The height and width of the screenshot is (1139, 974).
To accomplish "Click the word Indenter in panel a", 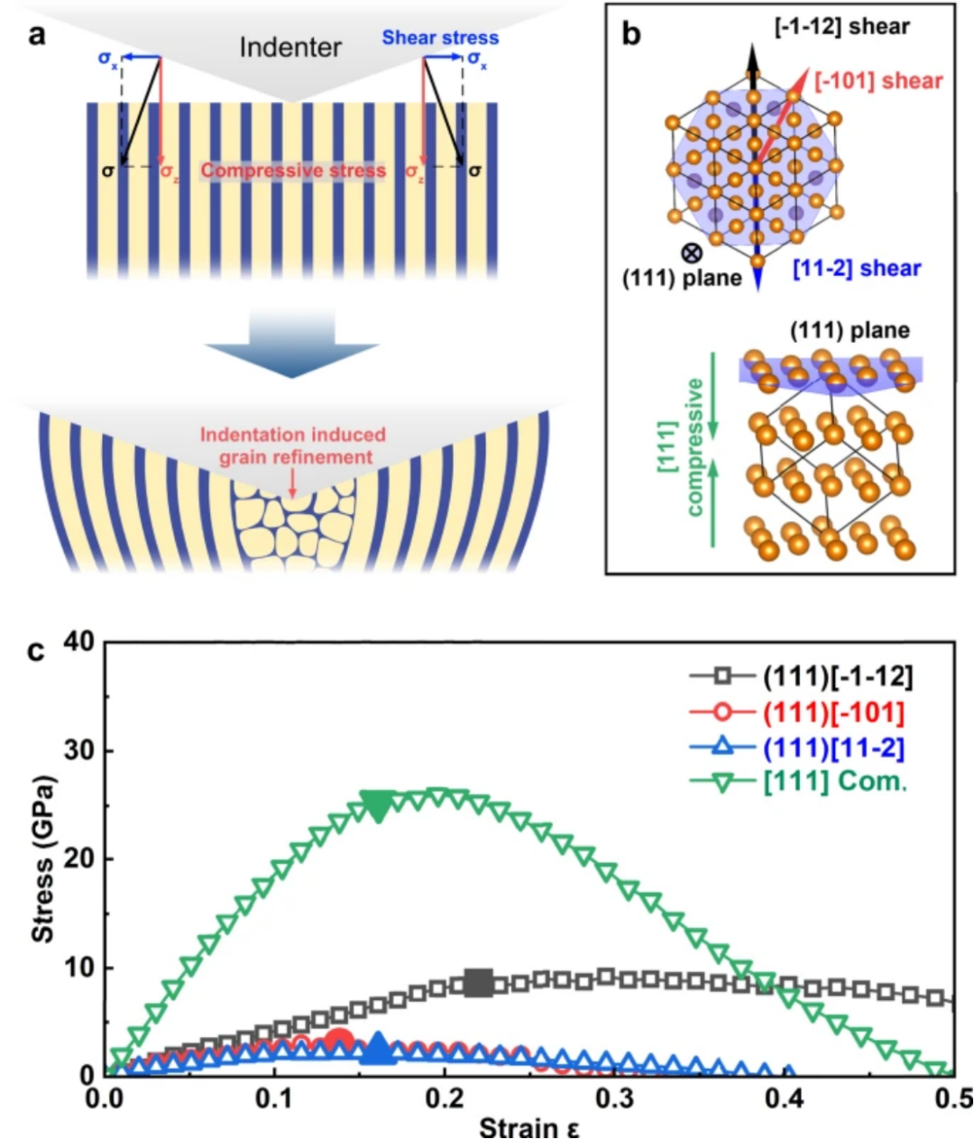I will [x=289, y=47].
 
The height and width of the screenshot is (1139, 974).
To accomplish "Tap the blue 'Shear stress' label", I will [x=440, y=38].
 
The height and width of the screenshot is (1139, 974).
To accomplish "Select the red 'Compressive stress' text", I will [x=293, y=170].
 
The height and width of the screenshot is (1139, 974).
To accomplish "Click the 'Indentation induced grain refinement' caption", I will [x=292, y=445].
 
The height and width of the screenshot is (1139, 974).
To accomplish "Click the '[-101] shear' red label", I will [x=878, y=81].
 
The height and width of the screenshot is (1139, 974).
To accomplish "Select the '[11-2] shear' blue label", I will [x=857, y=269].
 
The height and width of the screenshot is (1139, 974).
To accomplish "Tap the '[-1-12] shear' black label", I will [x=842, y=27].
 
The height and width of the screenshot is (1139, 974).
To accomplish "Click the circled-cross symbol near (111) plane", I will [x=692, y=253].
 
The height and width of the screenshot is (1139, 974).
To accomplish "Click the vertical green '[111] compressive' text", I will [x=682, y=446].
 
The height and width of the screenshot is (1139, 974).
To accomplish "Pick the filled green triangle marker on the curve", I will [x=377, y=806].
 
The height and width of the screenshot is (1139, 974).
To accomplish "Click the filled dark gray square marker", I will [x=479, y=983].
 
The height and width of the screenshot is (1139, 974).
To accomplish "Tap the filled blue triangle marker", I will [x=378, y=1048].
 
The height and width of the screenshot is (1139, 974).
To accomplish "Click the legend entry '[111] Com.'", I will [x=834, y=781].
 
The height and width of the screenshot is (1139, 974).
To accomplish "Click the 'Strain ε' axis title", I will [x=528, y=1127].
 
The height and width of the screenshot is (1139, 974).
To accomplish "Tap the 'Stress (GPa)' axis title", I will [x=42, y=858].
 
